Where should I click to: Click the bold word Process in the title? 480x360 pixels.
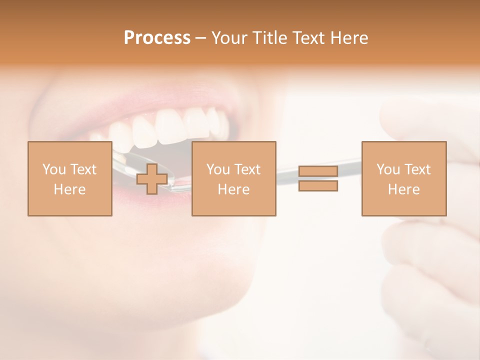coord(157,38)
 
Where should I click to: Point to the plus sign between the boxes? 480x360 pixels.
coord(152,179)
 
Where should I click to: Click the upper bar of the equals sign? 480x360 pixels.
coord(318,171)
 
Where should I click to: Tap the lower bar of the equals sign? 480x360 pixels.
coord(318,186)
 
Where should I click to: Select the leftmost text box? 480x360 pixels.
coord(69,178)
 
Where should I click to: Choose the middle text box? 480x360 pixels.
coord(233,178)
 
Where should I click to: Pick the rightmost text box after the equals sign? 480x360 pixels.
coord(403,178)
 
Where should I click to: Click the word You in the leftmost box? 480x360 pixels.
coord(54,169)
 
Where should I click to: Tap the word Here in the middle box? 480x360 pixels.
coord(233,189)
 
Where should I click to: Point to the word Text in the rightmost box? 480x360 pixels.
coord(418,169)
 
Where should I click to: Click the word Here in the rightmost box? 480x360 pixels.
coord(403,189)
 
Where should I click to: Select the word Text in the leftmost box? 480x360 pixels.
coord(83,169)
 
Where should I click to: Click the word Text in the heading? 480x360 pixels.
coord(305,38)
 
